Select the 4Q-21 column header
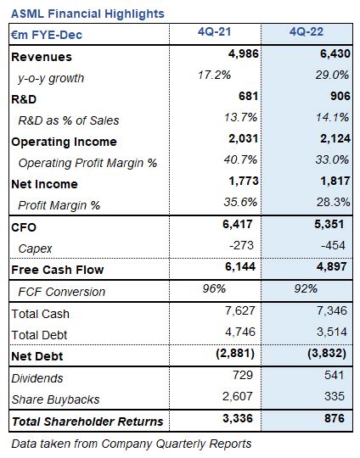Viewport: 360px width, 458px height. [x=216, y=34]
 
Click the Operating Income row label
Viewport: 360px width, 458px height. [x=64, y=142]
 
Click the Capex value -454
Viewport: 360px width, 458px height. [x=335, y=248]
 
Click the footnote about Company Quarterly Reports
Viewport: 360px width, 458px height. [x=132, y=443]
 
